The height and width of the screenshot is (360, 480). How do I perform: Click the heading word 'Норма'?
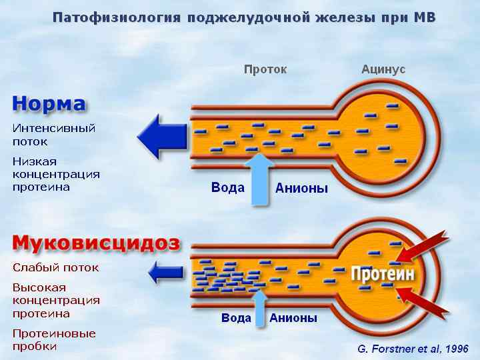pos(49,104)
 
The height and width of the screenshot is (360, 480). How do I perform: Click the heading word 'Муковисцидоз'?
pos(96,242)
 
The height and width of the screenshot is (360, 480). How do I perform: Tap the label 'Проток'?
pos(265,69)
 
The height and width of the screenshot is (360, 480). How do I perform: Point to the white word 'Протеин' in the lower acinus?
pos(383,274)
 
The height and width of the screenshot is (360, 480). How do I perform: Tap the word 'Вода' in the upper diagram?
pos(227,188)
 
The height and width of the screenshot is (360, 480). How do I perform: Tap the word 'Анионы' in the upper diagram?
pos(302,189)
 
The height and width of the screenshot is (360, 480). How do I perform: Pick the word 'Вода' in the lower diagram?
pos(236,318)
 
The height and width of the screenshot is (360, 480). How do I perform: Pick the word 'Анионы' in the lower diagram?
pos(293,318)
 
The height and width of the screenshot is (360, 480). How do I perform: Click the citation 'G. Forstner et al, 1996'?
pos(413,349)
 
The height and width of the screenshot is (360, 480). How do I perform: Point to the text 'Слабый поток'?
pos(55,267)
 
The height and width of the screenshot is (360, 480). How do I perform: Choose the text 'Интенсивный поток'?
pos(54,134)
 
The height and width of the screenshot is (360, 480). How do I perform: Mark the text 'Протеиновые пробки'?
pos(54,339)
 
